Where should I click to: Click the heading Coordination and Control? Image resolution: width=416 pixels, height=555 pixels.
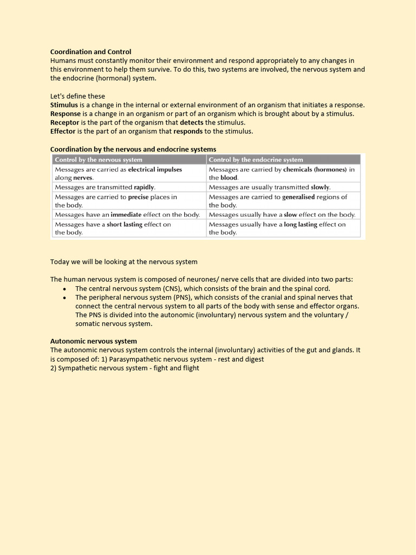(x=90, y=52)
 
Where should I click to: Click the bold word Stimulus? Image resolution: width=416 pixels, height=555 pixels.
(x=64, y=105)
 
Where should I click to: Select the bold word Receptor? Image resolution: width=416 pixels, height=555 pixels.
(x=64, y=122)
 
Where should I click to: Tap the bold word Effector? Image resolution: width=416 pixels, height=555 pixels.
(x=63, y=131)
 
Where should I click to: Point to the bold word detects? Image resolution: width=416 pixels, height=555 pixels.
(x=192, y=122)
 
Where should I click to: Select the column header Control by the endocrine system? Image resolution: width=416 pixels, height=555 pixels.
(x=256, y=159)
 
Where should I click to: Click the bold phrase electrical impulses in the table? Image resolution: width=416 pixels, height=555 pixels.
(x=155, y=169)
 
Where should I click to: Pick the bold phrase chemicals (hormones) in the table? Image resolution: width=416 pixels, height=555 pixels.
(x=315, y=169)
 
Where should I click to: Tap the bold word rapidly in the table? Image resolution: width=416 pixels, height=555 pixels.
(x=144, y=187)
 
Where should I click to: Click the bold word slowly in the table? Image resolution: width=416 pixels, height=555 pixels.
(x=320, y=187)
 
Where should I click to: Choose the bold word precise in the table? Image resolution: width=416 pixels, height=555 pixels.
(x=138, y=197)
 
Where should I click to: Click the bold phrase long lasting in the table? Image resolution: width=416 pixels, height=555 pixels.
(x=301, y=224)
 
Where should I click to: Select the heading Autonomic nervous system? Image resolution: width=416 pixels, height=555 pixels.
(x=93, y=341)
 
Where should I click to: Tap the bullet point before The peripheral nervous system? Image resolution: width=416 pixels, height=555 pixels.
(x=65, y=298)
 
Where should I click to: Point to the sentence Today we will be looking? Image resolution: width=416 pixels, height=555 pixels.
(x=123, y=262)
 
